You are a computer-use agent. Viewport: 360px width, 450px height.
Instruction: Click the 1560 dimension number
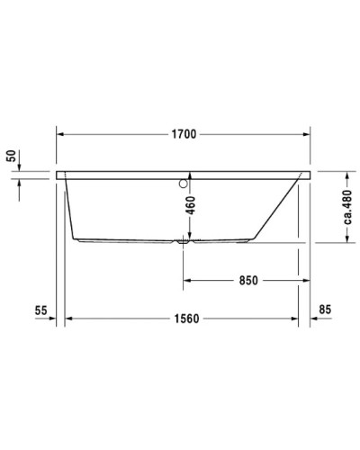pos(185,319)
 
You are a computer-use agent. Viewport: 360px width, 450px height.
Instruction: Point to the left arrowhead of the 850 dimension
pos(187,280)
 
